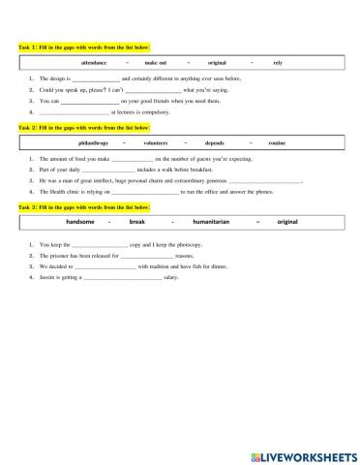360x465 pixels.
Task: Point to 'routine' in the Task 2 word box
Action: tap(277, 142)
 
